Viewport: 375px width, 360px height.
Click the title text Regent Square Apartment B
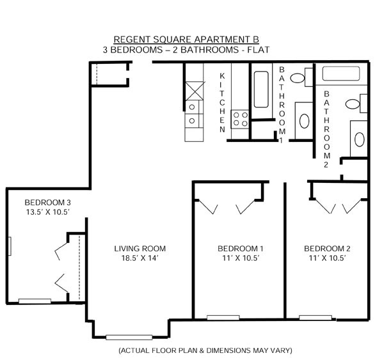[x=186, y=40]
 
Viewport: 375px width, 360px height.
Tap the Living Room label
[x=140, y=249]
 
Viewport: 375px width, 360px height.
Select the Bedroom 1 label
[x=241, y=249]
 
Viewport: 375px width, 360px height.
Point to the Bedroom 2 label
[x=327, y=249]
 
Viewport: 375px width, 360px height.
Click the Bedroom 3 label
[x=48, y=203]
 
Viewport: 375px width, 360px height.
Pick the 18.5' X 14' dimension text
[x=140, y=258]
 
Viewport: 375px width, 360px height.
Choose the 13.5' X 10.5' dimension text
[x=48, y=212]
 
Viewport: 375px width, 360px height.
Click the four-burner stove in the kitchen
[x=240, y=119]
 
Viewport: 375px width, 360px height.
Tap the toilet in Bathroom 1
[x=301, y=77]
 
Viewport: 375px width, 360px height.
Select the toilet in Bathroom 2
[x=356, y=104]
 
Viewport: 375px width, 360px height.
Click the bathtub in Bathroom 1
[x=261, y=90]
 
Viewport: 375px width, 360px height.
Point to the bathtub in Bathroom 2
[x=341, y=74]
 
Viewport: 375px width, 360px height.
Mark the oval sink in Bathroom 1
[x=304, y=121]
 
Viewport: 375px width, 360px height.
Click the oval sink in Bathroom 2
[x=359, y=139]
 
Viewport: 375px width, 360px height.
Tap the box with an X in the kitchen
[x=195, y=91]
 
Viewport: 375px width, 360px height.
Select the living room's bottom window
[x=129, y=337]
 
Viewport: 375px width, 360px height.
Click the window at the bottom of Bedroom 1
[x=223, y=318]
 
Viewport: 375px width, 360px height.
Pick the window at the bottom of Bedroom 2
[x=315, y=318]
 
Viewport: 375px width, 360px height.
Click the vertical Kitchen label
[x=222, y=103]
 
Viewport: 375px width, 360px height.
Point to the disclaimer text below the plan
[x=205, y=350]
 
